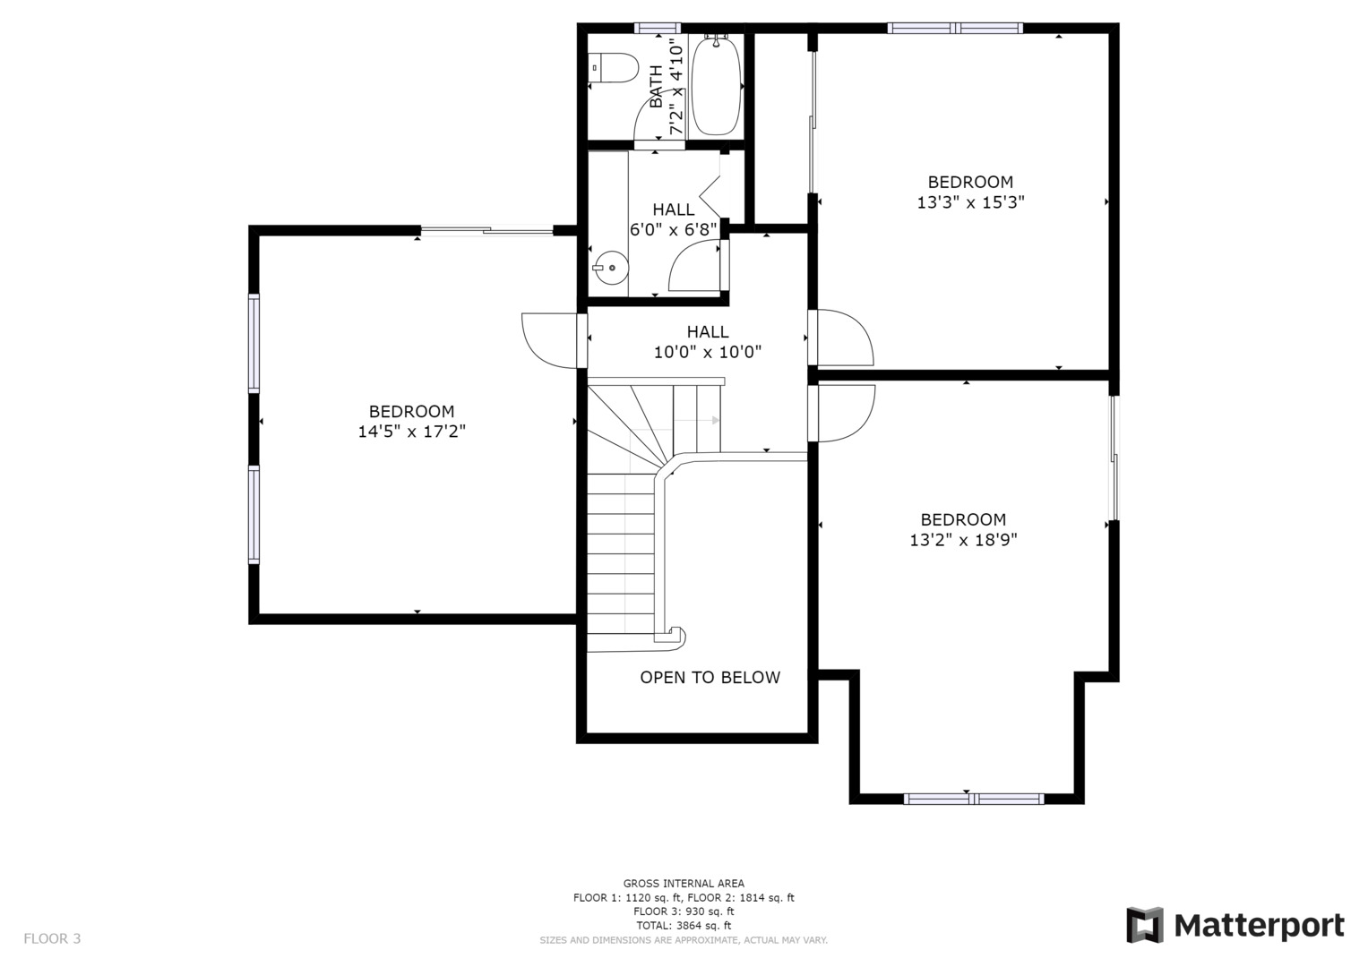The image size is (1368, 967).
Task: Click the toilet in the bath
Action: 613,68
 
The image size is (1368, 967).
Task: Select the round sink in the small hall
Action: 611,268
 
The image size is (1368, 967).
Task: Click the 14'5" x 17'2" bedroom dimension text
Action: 411,432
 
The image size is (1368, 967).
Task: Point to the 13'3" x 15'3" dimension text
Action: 970,202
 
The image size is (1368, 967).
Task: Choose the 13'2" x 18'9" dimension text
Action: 964,540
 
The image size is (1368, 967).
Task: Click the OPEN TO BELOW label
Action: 710,677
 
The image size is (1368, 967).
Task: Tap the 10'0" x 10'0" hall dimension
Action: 708,352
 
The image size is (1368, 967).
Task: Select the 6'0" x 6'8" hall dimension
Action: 674,229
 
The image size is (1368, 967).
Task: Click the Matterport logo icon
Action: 1144,925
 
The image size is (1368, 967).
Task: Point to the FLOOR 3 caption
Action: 52,938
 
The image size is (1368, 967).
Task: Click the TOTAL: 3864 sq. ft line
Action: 684,926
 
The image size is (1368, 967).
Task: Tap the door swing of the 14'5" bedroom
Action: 549,340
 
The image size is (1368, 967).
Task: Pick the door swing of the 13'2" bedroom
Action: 847,413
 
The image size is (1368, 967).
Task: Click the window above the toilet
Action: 658,28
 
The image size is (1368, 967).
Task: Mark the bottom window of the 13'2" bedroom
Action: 974,799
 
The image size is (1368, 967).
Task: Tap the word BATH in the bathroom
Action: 656,86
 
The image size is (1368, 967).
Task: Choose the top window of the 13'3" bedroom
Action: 955,28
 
